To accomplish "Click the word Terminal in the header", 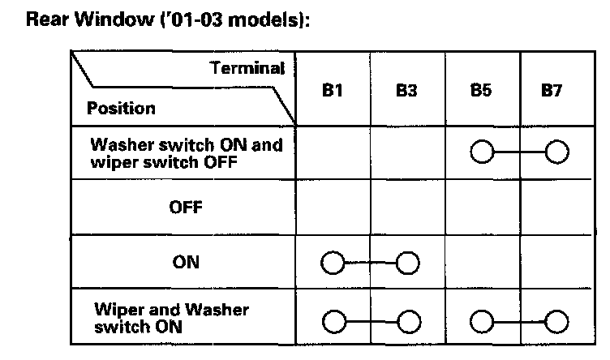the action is click(247, 68).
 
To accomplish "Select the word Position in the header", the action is click(121, 108).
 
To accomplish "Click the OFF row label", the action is click(186, 207).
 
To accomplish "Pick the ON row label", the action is click(187, 262).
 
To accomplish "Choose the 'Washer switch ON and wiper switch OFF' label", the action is click(187, 152).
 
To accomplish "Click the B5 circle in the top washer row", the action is click(481, 152).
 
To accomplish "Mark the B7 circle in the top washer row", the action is click(556, 152).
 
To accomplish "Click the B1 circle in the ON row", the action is click(332, 263).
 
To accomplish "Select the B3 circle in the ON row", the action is click(407, 263).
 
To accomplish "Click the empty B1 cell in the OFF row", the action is click(332, 207).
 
